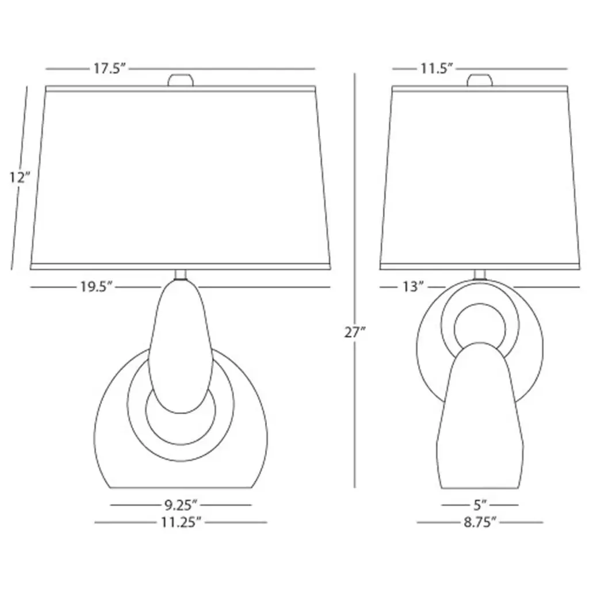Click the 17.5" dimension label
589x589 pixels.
coord(109,69)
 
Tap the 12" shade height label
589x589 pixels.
coord(19,177)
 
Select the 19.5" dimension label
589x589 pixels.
coord(96,287)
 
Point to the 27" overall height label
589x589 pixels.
coord(355,332)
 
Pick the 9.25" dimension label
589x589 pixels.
coord(181,505)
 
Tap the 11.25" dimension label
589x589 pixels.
coord(181,522)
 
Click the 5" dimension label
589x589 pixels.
coord(480,505)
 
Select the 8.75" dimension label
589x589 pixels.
coord(480,522)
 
